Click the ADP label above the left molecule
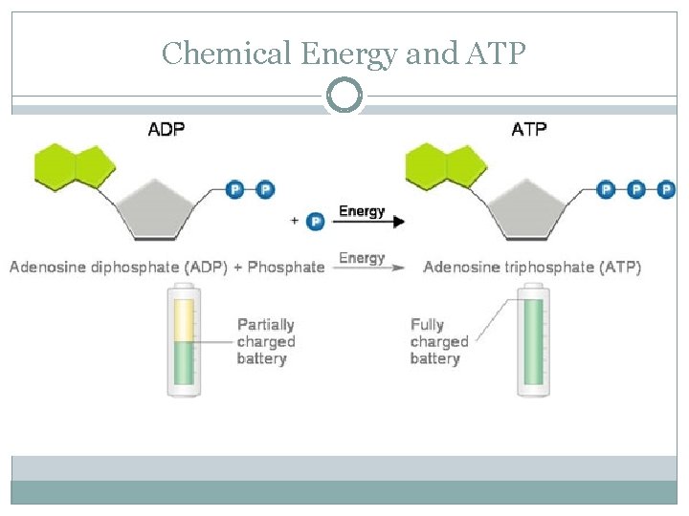(167, 129)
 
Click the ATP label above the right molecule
(529, 129)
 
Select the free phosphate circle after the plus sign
(315, 221)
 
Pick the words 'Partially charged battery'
(265, 342)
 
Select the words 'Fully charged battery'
(438, 342)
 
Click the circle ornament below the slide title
(344, 96)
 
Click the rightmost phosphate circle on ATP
(667, 190)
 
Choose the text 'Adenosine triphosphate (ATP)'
(532, 267)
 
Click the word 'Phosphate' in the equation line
(286, 267)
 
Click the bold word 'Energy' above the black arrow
(362, 211)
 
